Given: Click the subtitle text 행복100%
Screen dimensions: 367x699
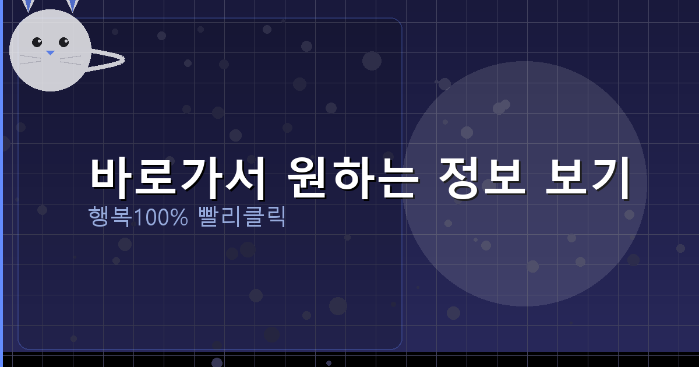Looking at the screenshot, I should (138, 217).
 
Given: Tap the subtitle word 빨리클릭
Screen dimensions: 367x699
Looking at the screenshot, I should (242, 217).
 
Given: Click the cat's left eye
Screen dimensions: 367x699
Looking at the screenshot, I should (37, 42).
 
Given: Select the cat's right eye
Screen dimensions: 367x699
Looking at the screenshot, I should (63, 42).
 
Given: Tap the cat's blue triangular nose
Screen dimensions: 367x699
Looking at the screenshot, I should (50, 53).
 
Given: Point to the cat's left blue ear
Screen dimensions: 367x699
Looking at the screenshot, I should (28, 5).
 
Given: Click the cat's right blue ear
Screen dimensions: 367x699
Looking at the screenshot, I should (72, 5).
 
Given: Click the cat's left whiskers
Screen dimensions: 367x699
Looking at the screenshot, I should (30, 59).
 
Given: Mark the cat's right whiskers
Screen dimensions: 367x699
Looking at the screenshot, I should (70, 59).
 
